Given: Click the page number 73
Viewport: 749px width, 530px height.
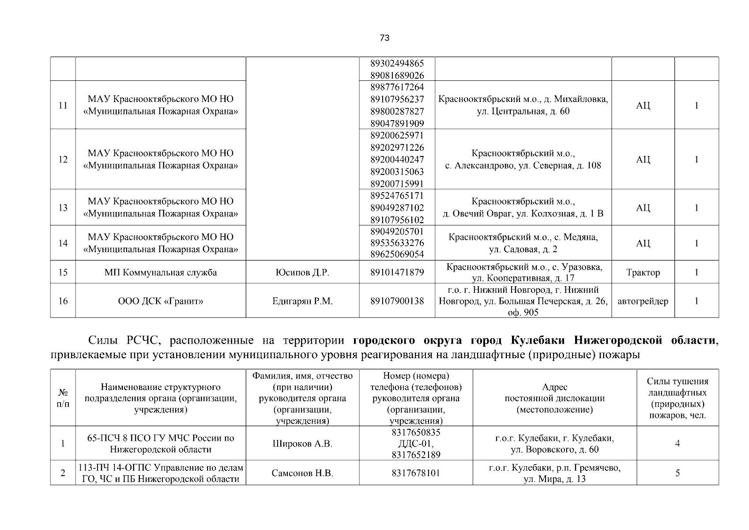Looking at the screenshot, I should (384, 38).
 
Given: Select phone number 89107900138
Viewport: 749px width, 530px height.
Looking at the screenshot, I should (397, 301).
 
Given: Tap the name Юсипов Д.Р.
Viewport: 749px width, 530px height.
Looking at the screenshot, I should (302, 273).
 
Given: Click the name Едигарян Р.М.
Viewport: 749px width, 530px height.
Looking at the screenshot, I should (302, 301).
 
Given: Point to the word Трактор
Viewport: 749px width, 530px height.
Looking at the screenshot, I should (643, 273).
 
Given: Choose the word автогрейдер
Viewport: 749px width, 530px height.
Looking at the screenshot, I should (643, 301).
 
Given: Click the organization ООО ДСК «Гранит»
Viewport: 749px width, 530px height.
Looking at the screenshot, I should (161, 301).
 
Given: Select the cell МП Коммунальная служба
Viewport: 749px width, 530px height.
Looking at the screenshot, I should (161, 273).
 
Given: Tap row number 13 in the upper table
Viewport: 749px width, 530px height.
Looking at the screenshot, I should (63, 208).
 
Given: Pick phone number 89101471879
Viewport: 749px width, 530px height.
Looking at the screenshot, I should (397, 273).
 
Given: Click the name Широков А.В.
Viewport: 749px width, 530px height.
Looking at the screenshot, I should (302, 443).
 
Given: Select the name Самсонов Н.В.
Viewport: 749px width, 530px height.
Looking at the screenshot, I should (302, 473).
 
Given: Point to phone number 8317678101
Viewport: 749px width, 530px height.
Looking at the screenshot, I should (415, 473).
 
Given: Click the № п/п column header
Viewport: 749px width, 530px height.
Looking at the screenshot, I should (63, 398).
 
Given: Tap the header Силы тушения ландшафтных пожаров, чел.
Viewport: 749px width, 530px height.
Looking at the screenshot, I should (677, 398).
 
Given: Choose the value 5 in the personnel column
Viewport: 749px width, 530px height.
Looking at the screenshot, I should (677, 473).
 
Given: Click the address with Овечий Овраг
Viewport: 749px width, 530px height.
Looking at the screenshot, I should (523, 214).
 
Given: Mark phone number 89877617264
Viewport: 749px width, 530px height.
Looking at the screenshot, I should (397, 87).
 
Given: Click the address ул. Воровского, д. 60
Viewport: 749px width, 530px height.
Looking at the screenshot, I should (554, 450).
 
